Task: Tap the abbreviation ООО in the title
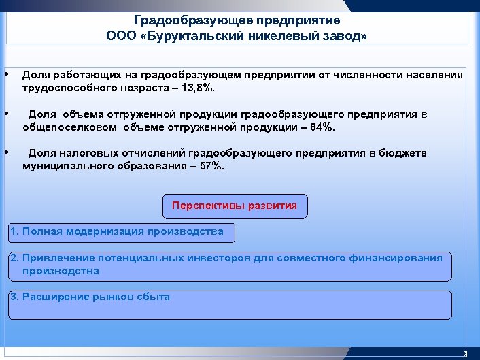click(120, 37)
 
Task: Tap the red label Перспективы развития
click(235, 206)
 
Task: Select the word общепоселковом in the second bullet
click(69, 127)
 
